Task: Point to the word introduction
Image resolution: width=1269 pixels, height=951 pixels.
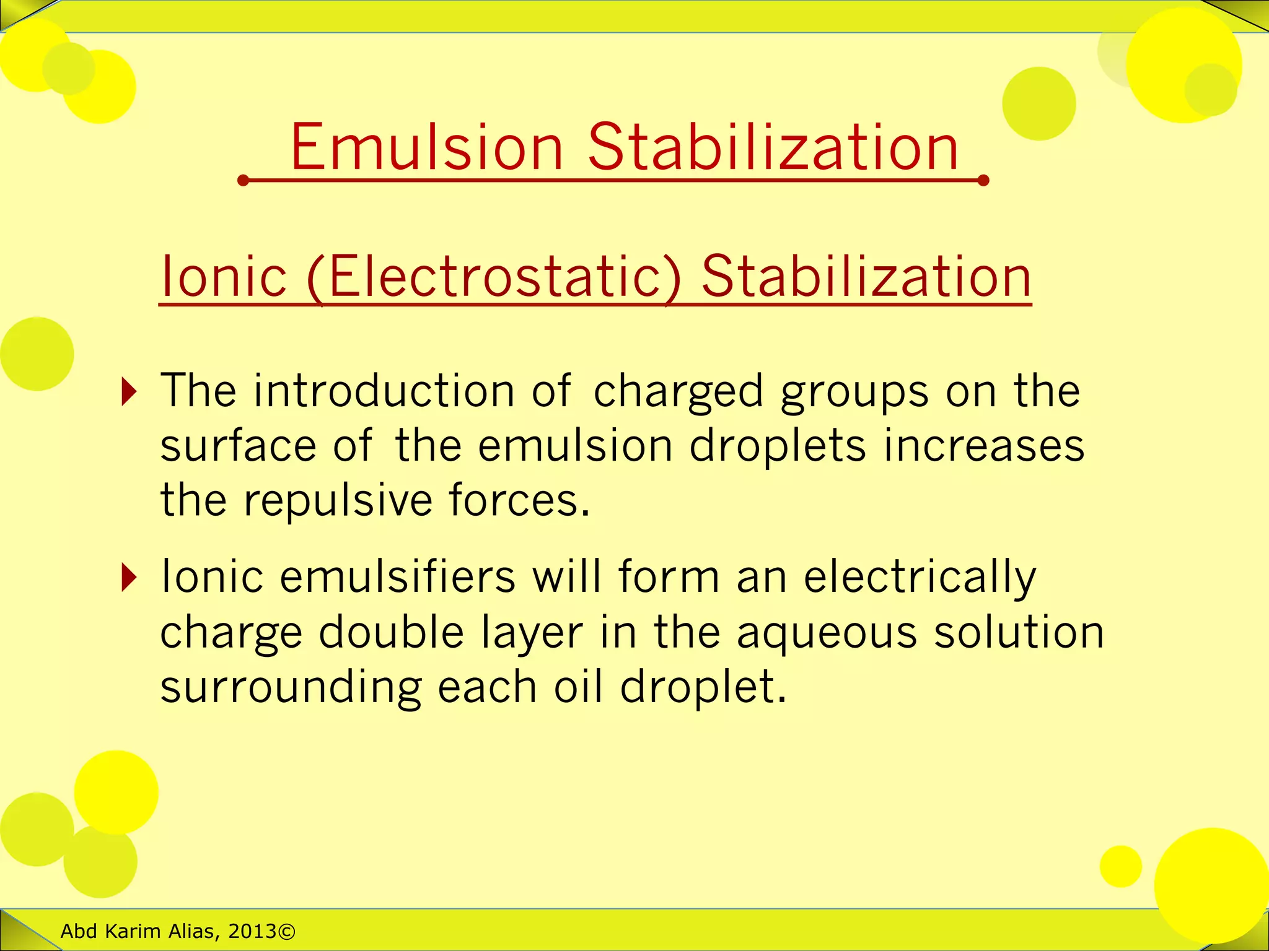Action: (384, 391)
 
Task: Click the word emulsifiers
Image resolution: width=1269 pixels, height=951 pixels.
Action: (397, 576)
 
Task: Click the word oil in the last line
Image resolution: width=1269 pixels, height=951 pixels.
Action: (578, 687)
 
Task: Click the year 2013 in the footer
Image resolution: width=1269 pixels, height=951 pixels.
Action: (252, 931)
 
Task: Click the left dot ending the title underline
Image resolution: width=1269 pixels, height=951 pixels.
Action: (243, 181)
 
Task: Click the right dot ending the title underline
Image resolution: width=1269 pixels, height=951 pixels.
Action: (983, 181)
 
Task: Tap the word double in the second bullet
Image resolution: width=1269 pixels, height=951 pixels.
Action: (391, 632)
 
